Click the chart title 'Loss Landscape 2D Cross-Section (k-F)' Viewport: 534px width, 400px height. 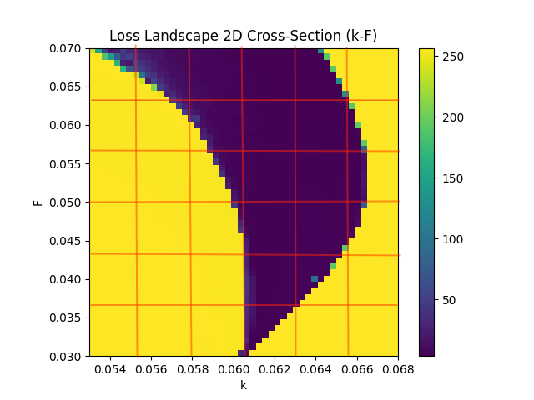(243, 37)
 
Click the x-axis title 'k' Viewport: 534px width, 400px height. (244, 385)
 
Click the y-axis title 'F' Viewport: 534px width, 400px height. (38, 202)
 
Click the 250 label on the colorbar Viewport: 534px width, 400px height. (455, 57)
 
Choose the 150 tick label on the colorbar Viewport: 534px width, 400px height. (455, 178)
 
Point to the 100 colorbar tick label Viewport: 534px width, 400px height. (455, 239)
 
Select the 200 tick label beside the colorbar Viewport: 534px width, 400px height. (455, 117)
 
